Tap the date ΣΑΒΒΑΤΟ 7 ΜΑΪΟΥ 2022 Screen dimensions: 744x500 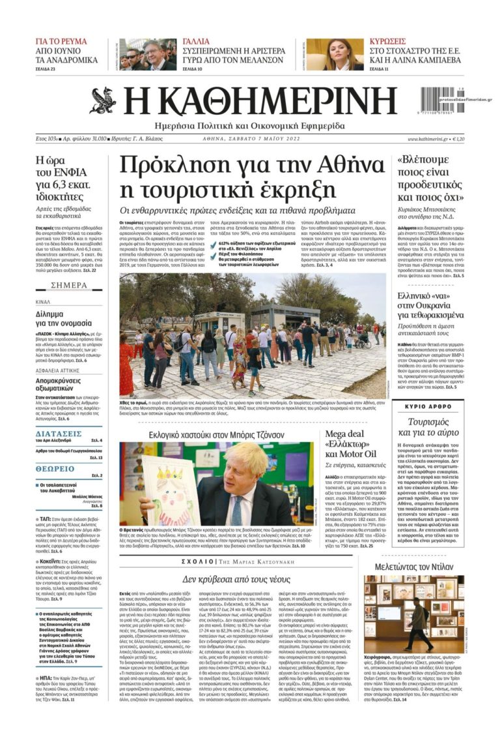(264, 139)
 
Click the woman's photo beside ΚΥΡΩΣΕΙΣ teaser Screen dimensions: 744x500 (326, 54)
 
